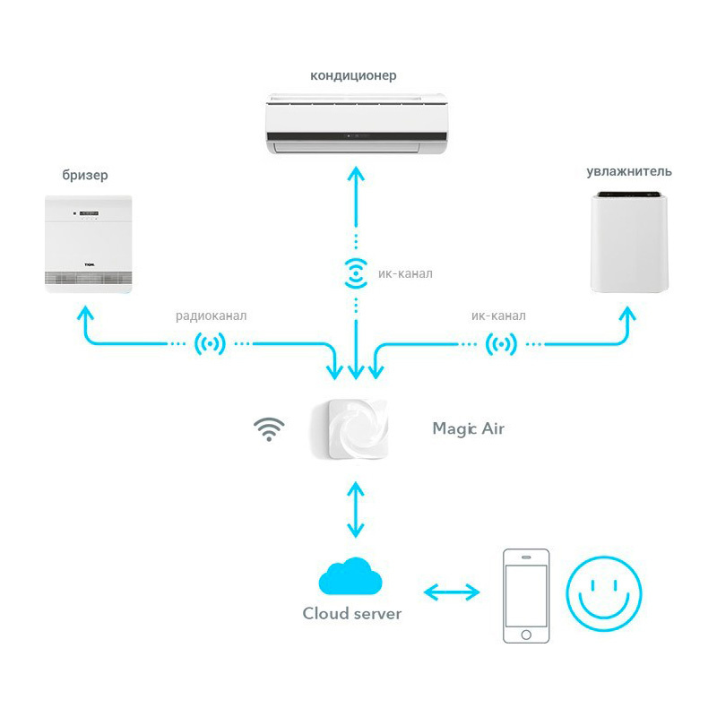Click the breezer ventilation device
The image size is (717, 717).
click(89, 244)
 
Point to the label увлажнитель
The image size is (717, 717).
click(629, 171)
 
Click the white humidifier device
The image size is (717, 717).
click(629, 245)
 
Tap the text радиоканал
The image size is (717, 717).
click(211, 315)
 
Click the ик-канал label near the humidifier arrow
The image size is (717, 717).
click(498, 315)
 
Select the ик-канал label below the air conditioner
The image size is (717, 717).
click(405, 272)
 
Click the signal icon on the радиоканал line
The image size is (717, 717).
click(210, 343)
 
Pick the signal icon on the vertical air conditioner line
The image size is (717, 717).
click(356, 272)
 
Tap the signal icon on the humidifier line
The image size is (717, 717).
click(500, 343)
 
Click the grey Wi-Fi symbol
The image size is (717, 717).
click(267, 429)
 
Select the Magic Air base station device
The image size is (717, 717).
click(350, 430)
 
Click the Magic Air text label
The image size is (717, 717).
click(468, 428)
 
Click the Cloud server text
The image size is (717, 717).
click(351, 614)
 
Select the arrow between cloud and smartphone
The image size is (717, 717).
click(452, 592)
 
